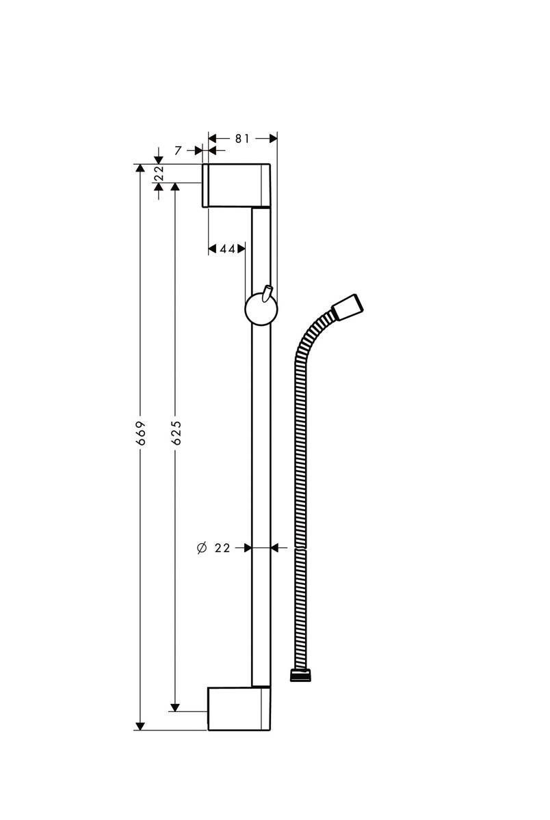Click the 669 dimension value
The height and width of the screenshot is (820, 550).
tap(141, 434)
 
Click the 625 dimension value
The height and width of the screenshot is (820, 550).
tap(176, 433)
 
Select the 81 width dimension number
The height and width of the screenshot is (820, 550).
tap(242, 138)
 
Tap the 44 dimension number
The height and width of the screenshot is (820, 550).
tap(227, 249)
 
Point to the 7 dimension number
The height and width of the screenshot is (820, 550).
tap(178, 150)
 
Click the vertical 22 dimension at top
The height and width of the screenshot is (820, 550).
tap(159, 172)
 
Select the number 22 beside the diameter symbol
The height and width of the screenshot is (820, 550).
tap(222, 547)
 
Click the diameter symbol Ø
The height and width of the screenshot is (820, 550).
tap(201, 547)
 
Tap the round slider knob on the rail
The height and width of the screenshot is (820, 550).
tap(261, 311)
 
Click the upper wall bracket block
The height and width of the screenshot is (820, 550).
tap(235, 184)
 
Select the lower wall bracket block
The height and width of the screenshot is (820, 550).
tap(237, 709)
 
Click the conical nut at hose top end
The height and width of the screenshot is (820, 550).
tap(346, 307)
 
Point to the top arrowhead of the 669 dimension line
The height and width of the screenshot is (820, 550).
tap(141, 169)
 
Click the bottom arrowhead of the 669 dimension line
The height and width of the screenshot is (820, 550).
tap(141, 725)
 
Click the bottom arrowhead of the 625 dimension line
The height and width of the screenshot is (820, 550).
tap(176, 707)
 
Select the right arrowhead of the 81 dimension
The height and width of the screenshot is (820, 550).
tap(273, 138)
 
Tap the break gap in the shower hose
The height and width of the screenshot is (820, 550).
tap(300, 548)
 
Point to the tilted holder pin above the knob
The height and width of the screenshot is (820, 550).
tap(267, 292)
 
